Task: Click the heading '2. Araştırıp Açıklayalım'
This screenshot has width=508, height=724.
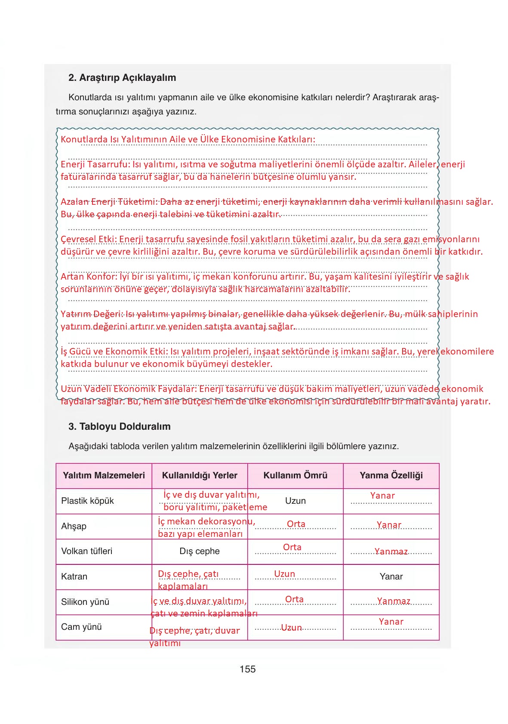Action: [x=122, y=78]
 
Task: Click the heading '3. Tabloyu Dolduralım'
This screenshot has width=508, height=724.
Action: [x=119, y=426]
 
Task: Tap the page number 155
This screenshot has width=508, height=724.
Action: [x=247, y=669]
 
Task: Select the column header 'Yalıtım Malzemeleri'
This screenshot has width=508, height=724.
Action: [x=104, y=475]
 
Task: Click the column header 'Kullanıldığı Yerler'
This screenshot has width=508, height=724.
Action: [x=200, y=475]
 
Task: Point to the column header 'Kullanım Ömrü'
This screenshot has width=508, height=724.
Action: [x=295, y=475]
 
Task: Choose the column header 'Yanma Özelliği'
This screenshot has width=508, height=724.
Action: [x=391, y=475]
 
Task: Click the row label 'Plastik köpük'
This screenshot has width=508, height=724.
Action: [x=87, y=501]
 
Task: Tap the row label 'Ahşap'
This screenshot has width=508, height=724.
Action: [x=74, y=526]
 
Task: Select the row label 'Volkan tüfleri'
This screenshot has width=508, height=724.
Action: [x=86, y=551]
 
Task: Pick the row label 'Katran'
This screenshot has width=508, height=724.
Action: [x=74, y=576]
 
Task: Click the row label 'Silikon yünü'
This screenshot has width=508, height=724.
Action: [x=85, y=602]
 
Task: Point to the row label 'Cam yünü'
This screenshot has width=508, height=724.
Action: [x=81, y=627]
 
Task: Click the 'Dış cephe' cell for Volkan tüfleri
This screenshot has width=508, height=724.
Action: [x=200, y=551]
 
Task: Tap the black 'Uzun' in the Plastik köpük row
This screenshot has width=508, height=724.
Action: [x=295, y=501]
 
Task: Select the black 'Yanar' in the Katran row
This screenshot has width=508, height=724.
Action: [x=391, y=576]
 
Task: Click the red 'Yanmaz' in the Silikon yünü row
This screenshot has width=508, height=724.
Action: [x=394, y=601]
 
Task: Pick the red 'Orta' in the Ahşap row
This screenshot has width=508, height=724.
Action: [x=296, y=524]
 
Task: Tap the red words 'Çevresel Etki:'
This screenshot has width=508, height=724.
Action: [x=89, y=239]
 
